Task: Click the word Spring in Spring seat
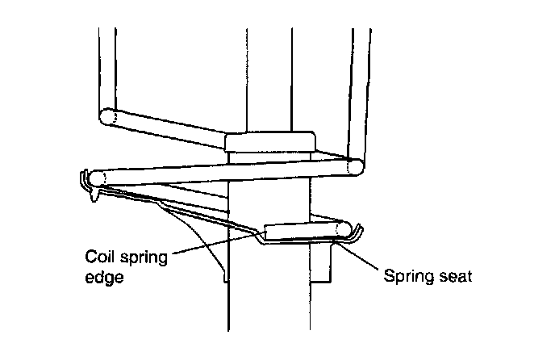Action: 407,276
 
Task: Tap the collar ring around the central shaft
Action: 268,143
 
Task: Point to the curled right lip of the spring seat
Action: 356,233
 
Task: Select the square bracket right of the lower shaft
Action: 321,266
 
